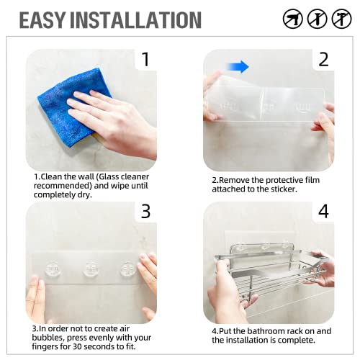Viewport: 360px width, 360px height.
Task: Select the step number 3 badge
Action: pyautogui.click(x=145, y=212)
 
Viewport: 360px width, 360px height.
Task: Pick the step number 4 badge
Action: pyautogui.click(x=323, y=212)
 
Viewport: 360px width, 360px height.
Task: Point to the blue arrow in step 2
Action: pyautogui.click(x=239, y=67)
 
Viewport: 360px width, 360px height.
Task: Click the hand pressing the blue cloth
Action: pyautogui.click(x=119, y=115)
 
